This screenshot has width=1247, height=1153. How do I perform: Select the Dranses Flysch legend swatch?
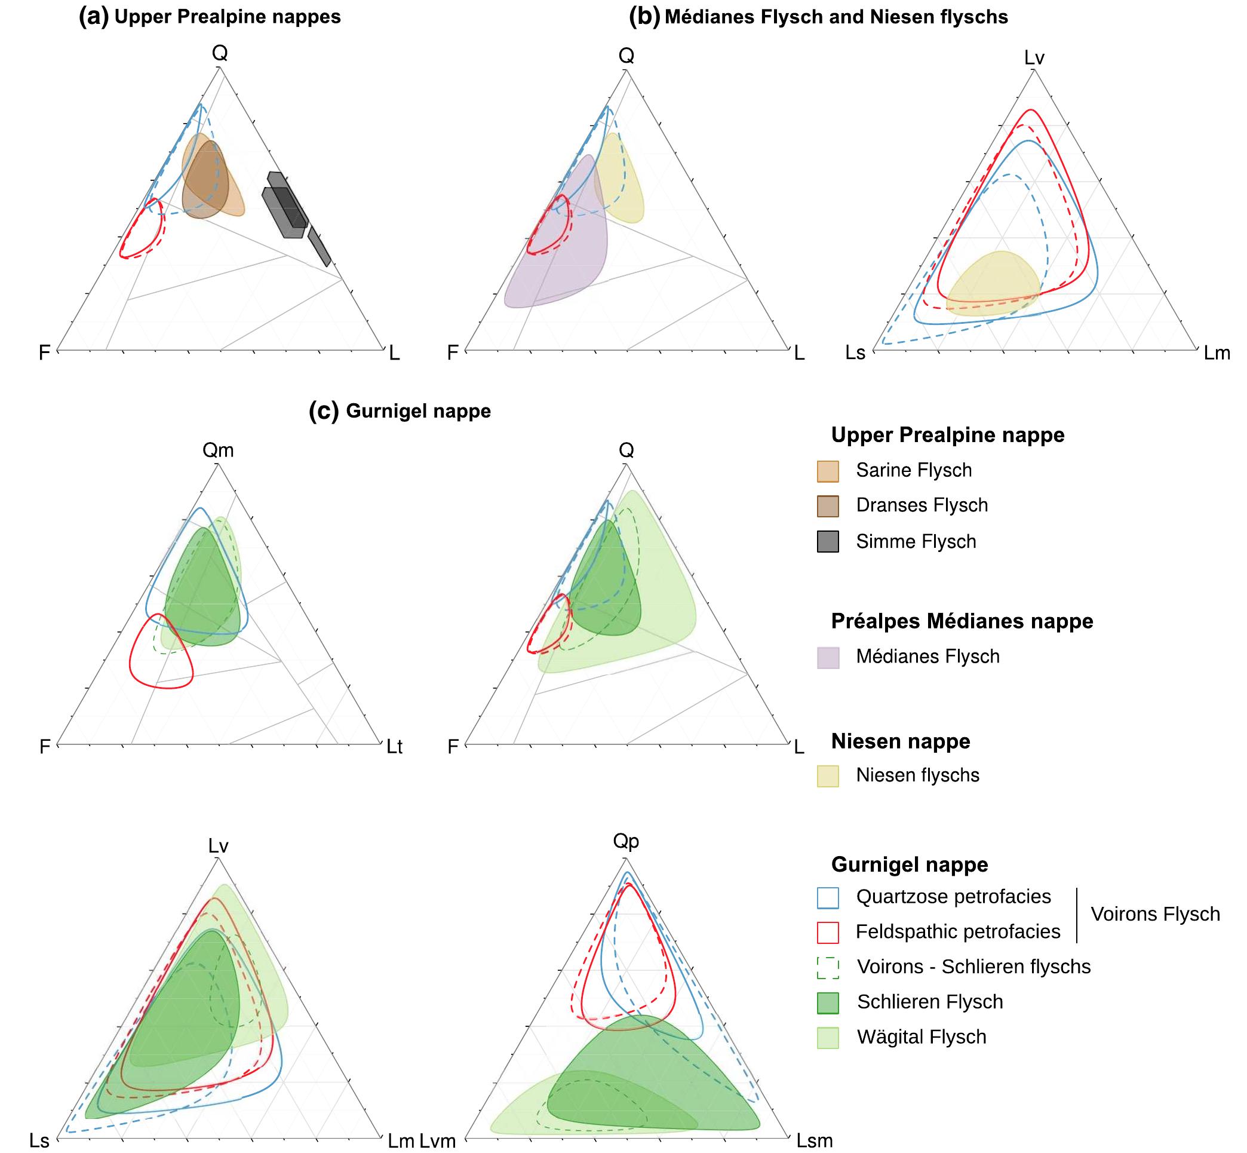(827, 506)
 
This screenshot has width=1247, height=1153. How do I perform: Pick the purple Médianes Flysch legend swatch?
(827, 657)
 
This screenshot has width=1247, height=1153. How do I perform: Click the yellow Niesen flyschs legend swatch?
(827, 775)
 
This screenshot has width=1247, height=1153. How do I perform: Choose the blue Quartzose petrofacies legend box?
(827, 897)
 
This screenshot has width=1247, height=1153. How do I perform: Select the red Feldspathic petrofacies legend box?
(827, 932)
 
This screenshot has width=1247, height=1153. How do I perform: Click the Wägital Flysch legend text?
(922, 1037)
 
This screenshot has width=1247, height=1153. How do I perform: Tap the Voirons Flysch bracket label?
(1154, 914)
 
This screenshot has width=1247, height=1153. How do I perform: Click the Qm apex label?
(218, 450)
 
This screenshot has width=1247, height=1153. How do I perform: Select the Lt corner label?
(394, 746)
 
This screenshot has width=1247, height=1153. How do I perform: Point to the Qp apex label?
(626, 842)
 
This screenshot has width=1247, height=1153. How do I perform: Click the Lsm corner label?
(814, 1140)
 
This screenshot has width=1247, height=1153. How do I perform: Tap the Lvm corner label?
(437, 1140)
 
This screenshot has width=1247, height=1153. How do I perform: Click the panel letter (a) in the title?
(94, 17)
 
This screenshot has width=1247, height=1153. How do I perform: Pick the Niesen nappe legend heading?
(900, 741)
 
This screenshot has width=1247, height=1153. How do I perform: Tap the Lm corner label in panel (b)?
(1217, 353)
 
